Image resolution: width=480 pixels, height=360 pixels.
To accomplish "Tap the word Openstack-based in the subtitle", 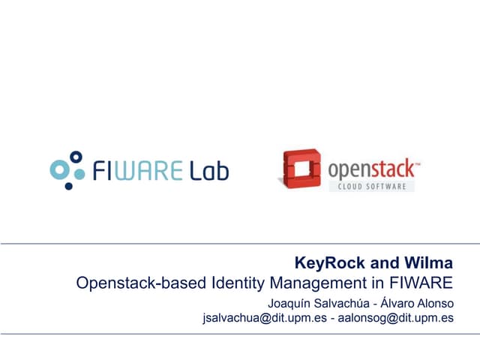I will (x=133, y=283).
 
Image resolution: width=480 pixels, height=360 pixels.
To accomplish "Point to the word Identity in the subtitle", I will (x=235, y=283).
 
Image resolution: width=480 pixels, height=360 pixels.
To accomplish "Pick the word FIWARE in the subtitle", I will (x=422, y=283).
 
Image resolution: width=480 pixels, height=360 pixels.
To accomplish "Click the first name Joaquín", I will (x=290, y=304).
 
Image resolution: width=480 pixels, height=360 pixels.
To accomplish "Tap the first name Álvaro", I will (x=397, y=304).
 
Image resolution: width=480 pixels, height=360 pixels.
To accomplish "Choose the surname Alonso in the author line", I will (x=436, y=304).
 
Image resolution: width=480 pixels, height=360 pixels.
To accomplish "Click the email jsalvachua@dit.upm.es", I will (x=263, y=318).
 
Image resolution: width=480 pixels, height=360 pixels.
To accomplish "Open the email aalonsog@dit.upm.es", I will (x=395, y=318).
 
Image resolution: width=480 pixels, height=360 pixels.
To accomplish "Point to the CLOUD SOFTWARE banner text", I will (x=371, y=185).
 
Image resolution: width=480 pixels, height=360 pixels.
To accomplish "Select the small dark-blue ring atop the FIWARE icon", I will (x=74, y=157).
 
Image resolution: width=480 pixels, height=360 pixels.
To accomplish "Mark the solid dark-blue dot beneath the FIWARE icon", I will (x=69, y=185).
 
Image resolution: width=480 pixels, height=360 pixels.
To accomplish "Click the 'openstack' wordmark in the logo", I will (x=370, y=166).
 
